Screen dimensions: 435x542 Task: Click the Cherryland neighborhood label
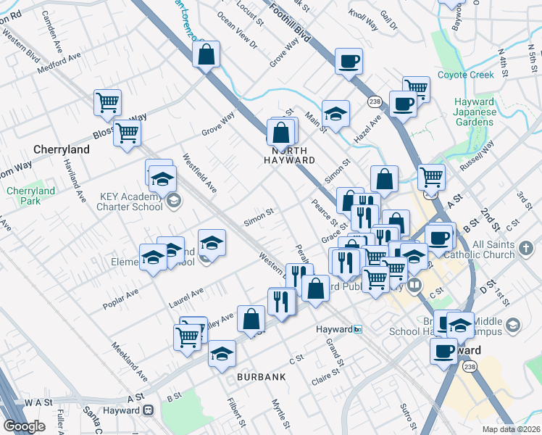(62, 149)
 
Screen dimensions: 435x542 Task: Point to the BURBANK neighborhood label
(260, 377)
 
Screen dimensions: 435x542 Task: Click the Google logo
(25, 426)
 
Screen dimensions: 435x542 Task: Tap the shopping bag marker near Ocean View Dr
(207, 53)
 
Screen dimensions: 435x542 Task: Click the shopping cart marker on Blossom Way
(128, 133)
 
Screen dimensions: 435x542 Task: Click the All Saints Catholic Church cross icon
(525, 251)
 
